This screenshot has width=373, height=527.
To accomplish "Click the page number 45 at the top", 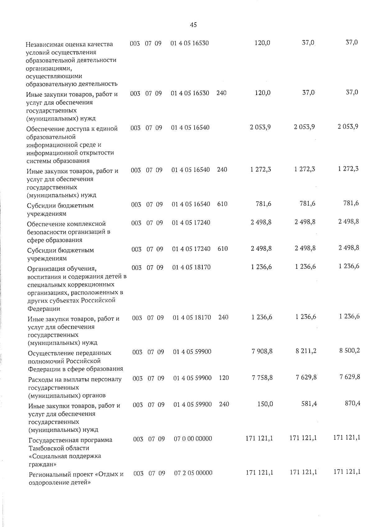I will coord(193,25).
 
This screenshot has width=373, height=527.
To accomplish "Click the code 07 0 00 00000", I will coord(193,438).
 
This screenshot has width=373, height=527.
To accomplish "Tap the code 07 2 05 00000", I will coord(193,473).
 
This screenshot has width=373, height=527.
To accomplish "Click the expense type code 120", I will coord(224,378).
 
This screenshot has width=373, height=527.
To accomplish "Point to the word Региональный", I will coord(50,475).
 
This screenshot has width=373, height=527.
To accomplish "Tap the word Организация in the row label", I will coord(46,269).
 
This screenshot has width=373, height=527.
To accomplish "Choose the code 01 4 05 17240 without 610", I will coord(191,222).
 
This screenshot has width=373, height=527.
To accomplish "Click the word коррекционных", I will coord(94,285).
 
